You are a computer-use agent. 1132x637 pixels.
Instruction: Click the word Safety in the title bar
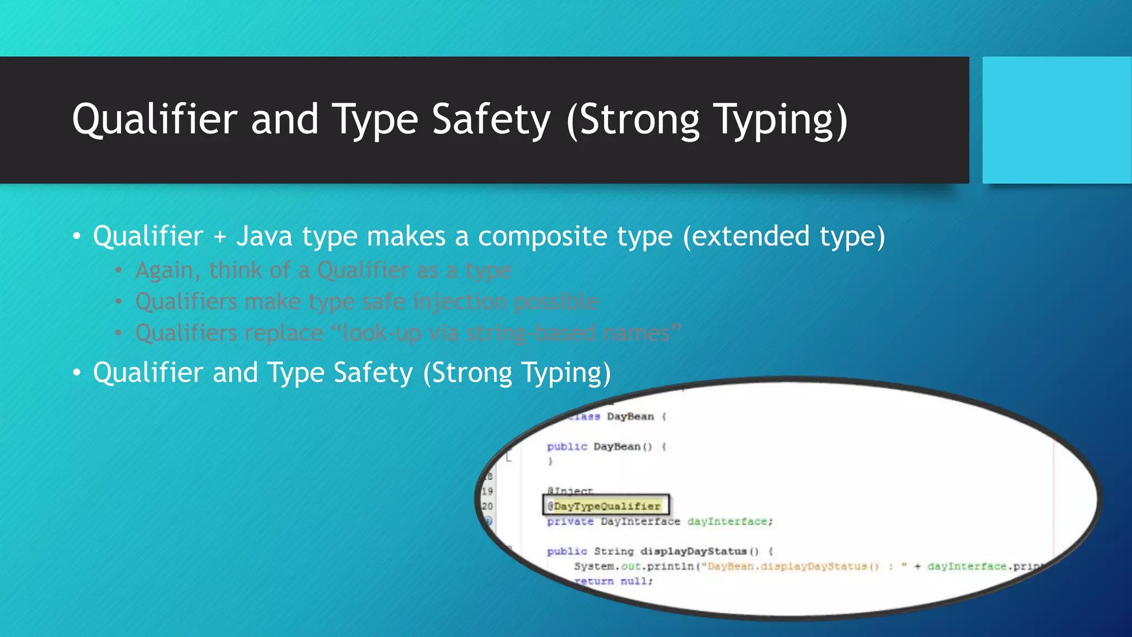491,119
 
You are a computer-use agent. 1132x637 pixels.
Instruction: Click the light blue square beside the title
1057,119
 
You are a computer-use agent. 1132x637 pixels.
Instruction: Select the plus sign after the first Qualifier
220,237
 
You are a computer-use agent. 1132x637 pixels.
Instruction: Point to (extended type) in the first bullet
784,236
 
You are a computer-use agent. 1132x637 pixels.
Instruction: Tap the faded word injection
459,301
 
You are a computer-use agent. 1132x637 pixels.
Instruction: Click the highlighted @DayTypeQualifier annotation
606,506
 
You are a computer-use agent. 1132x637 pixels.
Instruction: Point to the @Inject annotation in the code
570,490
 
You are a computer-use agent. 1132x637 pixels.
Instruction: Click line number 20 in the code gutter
487,506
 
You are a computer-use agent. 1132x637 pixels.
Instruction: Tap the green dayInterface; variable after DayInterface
730,521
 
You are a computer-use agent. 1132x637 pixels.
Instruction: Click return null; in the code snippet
614,581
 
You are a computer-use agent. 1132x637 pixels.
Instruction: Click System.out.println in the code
633,566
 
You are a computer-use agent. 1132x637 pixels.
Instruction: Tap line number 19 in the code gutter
487,491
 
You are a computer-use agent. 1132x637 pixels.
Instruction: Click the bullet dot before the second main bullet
77,373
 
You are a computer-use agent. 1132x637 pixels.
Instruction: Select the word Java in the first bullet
264,236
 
